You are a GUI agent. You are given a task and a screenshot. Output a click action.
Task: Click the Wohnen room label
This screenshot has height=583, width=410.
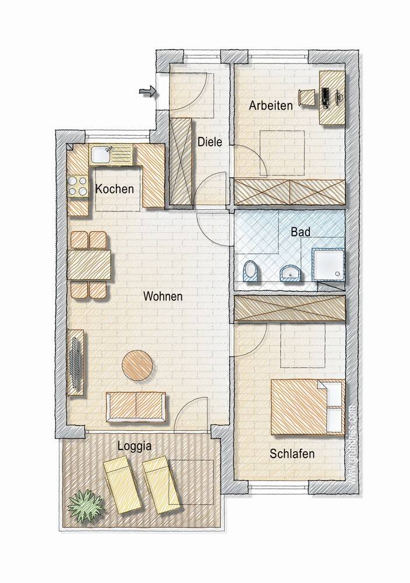(163, 296)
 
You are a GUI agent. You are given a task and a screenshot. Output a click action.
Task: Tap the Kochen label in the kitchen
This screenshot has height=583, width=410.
(115, 189)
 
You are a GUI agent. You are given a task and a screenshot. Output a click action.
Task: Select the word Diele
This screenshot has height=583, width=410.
(209, 141)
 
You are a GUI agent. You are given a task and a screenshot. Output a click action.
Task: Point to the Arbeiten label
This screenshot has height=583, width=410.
(271, 106)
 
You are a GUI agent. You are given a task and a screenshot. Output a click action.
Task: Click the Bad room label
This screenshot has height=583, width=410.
(301, 231)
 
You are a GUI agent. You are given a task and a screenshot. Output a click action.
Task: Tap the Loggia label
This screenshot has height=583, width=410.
(135, 447)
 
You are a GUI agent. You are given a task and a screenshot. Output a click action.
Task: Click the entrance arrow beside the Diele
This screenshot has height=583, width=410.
(148, 91)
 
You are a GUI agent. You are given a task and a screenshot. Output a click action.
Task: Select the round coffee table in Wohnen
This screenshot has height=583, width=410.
(138, 366)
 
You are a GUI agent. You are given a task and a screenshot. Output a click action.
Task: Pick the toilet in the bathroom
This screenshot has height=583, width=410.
(250, 272)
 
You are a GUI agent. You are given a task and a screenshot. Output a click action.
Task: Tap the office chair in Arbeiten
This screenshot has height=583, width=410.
(306, 97)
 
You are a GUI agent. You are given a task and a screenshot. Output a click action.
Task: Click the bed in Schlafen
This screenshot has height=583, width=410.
(307, 406)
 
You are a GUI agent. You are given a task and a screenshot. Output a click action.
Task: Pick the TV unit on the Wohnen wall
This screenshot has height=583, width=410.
(76, 362)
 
